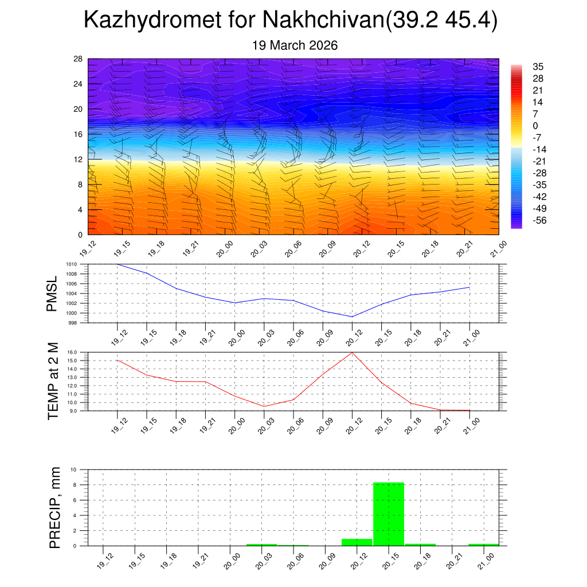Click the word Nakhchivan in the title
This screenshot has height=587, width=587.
click(323, 21)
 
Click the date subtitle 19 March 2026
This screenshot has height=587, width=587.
click(295, 45)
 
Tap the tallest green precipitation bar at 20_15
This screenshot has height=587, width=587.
click(389, 514)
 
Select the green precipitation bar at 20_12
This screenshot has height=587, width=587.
click(357, 542)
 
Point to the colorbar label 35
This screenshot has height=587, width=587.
click(538, 66)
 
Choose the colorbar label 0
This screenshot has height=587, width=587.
click(535, 126)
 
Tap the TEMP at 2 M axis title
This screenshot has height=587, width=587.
click(53, 381)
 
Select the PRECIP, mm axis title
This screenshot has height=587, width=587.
click(55, 507)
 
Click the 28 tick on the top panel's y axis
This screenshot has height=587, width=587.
click(78, 59)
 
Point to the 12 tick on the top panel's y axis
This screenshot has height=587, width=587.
click(78, 159)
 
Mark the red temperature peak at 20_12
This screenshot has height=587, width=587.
click(352, 352)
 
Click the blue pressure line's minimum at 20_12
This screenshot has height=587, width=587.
click(352, 316)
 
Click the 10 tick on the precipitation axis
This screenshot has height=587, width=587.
click(74, 469)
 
